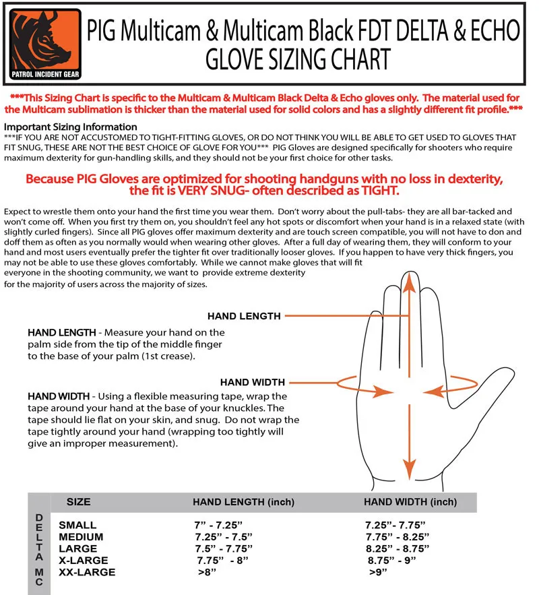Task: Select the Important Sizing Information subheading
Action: tap(71, 127)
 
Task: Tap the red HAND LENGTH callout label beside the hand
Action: tap(244, 315)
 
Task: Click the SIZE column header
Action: tap(79, 502)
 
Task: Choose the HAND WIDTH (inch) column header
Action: tap(410, 502)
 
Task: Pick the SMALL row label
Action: tap(77, 524)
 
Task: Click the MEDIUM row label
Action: tap(81, 536)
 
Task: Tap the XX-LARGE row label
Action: tap(87, 572)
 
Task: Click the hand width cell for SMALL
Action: tap(395, 524)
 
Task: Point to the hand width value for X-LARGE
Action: tap(392, 560)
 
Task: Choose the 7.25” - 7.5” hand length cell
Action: tap(222, 536)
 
